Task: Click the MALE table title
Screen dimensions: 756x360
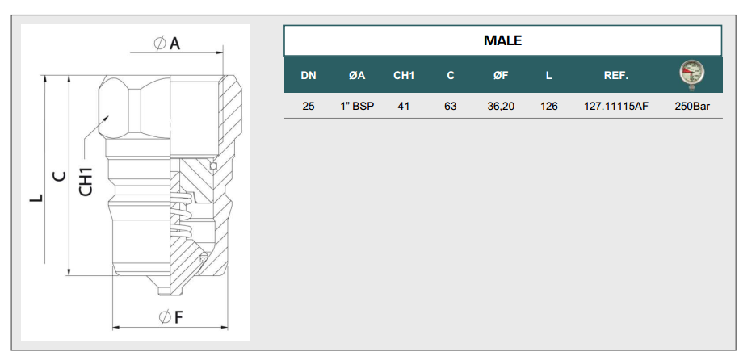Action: click(503, 40)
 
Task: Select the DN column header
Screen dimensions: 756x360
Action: click(309, 76)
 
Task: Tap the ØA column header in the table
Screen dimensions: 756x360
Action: click(357, 76)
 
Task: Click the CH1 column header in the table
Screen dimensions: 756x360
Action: click(404, 76)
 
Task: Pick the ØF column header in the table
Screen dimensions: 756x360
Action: click(501, 76)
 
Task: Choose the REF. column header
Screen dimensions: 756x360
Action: click(616, 76)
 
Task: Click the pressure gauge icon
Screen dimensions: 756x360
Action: click(692, 75)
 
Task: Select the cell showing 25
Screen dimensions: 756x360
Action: click(309, 106)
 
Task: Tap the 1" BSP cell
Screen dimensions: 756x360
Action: click(357, 106)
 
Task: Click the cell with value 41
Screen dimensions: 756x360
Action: click(404, 106)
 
